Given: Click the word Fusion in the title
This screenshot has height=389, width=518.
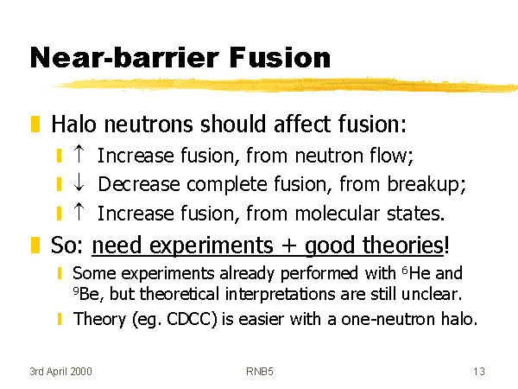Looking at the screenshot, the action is pos(280,58).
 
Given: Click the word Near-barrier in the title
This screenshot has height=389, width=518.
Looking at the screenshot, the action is pos(124,58).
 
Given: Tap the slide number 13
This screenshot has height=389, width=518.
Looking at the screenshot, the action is pos(478,372).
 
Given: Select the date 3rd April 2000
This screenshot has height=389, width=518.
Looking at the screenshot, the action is pos(60,372).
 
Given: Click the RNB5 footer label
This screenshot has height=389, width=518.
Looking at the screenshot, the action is pos(260,372).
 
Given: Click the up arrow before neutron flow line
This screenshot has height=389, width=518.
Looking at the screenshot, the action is pos(79,154).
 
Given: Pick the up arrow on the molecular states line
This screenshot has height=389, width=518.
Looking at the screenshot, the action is pos(79,211).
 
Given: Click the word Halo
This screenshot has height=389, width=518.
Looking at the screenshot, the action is pos(74,124).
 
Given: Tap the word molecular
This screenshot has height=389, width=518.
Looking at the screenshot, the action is pos(337,213).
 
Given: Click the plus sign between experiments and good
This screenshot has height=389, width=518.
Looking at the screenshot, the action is pos(288,246).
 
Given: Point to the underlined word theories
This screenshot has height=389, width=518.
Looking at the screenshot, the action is pos(403,246).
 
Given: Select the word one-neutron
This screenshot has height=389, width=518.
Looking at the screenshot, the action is pos(388,319).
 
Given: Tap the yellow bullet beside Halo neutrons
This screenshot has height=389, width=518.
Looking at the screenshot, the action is pos(35,124).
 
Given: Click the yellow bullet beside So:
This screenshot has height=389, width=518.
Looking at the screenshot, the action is pos(35,245).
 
